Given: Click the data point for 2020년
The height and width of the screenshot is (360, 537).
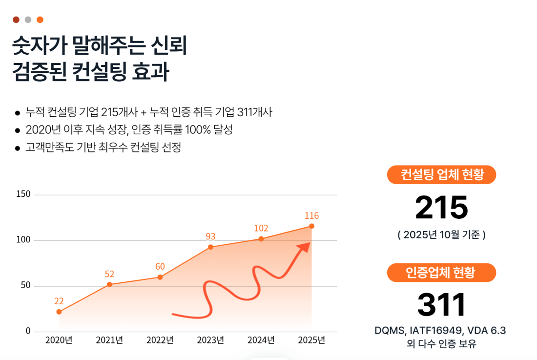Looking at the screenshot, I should pos(59,312).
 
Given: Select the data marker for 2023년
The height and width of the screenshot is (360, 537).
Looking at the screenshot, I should pos(210,247).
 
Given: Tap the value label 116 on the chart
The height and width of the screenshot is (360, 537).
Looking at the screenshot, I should pos(311,215).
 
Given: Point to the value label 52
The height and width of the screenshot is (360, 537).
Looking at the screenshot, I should pos(109,274).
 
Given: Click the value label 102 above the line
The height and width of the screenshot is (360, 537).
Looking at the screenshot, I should pos(261,228).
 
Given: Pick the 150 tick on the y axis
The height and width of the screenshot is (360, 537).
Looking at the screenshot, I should pos(23,194).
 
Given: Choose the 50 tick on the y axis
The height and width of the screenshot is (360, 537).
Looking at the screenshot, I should pos(25,286).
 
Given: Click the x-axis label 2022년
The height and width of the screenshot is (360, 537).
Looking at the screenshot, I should pos(160,340).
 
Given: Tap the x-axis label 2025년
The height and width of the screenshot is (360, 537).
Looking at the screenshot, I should pos(311,340).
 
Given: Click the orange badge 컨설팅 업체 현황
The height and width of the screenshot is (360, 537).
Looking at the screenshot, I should pos(441,175).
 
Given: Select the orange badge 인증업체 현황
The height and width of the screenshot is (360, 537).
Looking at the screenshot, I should pos(441,273).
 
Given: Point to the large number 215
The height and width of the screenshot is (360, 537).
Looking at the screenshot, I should pos(441,208).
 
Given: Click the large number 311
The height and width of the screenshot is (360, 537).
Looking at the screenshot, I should pos(441,305).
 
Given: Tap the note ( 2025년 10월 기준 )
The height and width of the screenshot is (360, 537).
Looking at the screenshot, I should pos(441,235).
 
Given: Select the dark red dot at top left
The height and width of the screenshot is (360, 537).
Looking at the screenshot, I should pos(16,20).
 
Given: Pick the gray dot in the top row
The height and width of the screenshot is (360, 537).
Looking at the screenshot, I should pos(28,20).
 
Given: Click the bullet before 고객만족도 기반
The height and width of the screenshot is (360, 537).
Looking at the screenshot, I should pos(18,148).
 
